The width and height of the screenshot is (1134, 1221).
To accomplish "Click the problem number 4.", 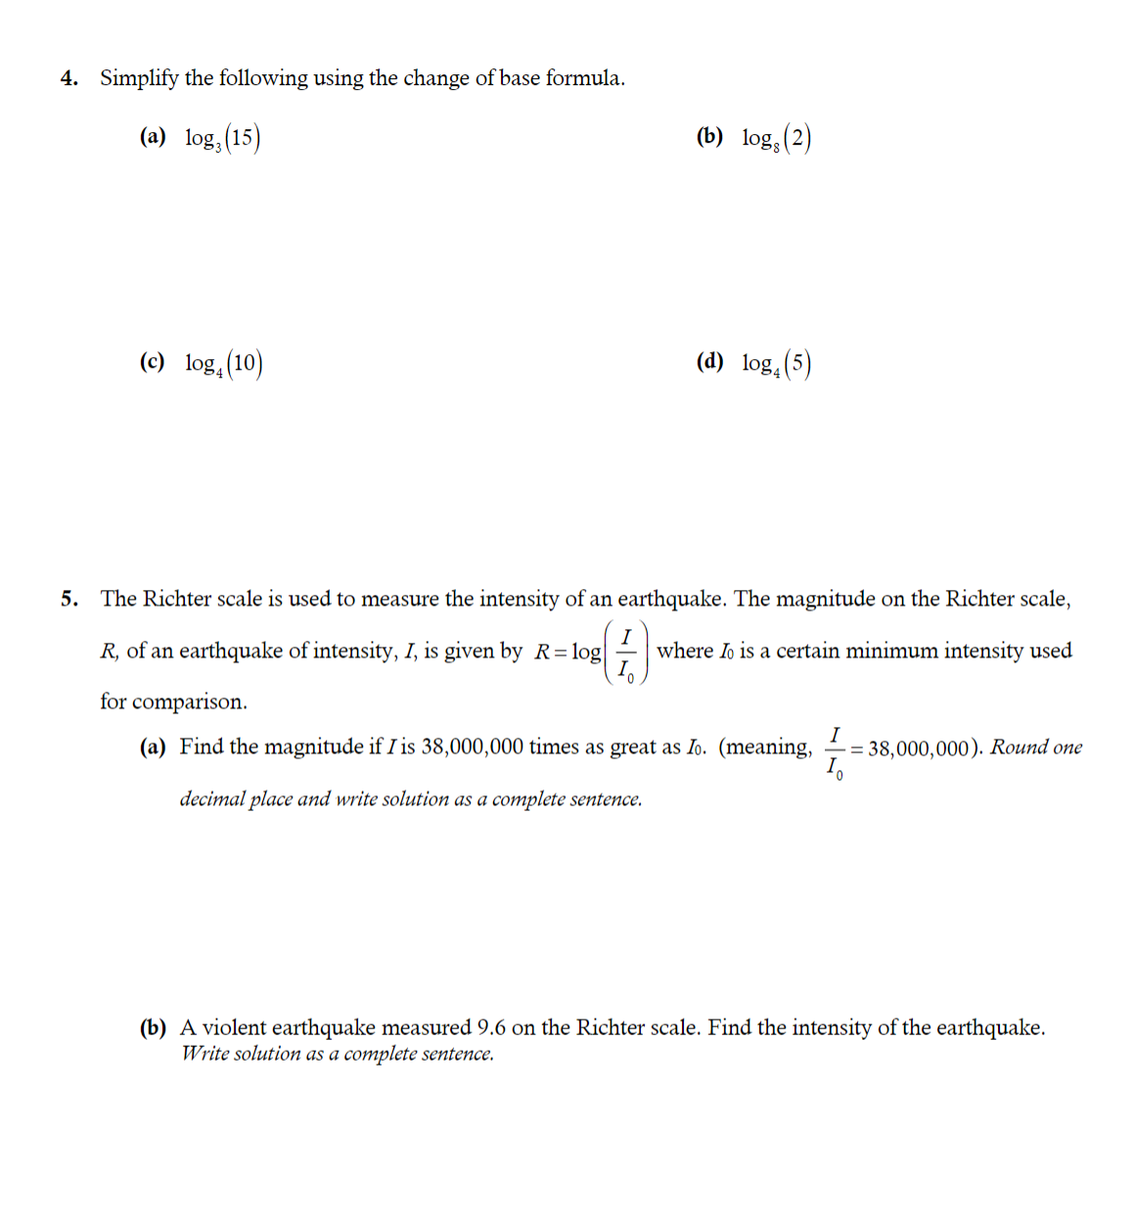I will [68, 78].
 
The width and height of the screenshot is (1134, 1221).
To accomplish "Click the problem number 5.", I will [68, 599].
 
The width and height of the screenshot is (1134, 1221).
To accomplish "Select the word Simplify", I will [139, 78].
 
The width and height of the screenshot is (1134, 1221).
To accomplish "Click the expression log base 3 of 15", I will [222, 138].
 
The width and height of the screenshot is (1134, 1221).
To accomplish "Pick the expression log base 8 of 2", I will [777, 139].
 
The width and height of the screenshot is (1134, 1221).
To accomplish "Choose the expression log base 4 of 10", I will [223, 364].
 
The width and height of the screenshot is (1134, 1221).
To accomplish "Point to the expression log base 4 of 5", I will [777, 364].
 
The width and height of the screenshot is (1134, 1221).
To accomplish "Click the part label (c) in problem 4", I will [152, 362].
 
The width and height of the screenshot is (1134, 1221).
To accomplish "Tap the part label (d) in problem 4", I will [709, 362].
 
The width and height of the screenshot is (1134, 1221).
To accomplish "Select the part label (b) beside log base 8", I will [709, 137].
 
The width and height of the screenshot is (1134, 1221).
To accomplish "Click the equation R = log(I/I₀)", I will [590, 652].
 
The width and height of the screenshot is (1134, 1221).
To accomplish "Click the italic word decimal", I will [211, 799].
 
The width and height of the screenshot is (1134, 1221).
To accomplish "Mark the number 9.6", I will [491, 1027].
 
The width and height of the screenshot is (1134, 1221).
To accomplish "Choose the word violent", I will [234, 1027].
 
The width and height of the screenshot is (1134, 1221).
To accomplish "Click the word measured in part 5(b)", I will [426, 1027].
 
